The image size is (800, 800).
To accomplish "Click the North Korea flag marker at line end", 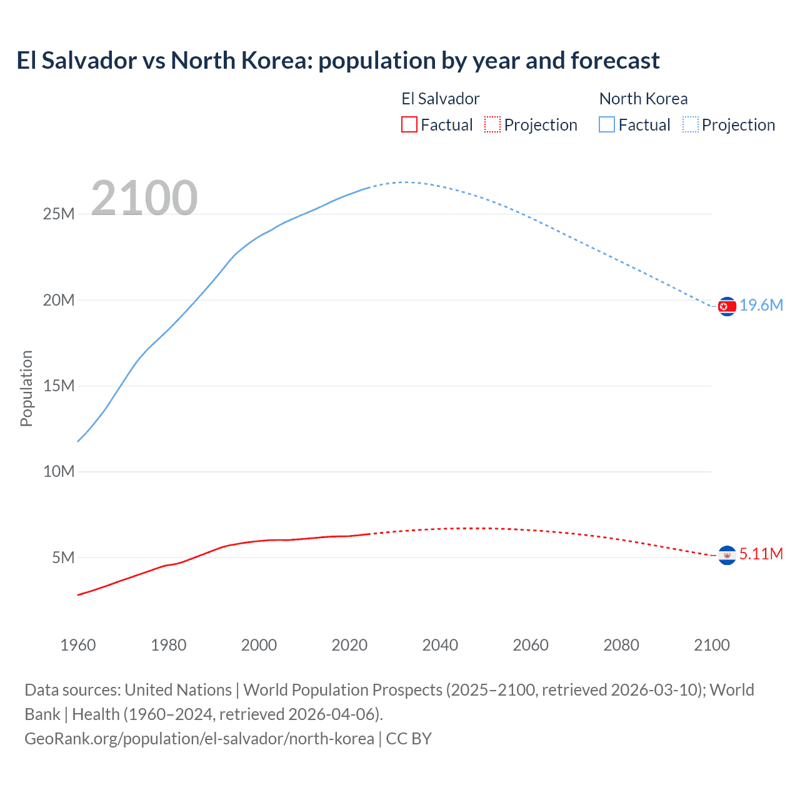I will (x=726, y=306).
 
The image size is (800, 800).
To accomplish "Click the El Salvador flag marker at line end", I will (x=726, y=555).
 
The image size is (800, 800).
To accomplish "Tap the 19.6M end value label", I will (x=761, y=305).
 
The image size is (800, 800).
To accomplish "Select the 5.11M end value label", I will (x=761, y=554).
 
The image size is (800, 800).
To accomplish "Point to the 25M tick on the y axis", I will (x=59, y=214).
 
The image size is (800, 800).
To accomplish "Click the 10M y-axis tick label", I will (x=59, y=471).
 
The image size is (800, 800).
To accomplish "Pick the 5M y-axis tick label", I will (x=63, y=557).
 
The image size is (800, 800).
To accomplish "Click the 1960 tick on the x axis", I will (x=78, y=645).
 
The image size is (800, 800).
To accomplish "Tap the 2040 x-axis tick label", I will (x=440, y=645).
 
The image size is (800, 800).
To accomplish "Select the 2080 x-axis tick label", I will (x=621, y=645).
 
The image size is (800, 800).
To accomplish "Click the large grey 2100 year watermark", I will (x=144, y=198).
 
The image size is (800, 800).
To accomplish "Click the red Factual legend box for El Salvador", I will (x=409, y=124).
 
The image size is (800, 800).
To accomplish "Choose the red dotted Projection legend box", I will (x=492, y=124).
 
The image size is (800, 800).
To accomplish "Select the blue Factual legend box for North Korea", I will (x=607, y=124).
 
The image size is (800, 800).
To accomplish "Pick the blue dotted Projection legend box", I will (x=691, y=124).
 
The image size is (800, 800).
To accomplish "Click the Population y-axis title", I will (x=26, y=388).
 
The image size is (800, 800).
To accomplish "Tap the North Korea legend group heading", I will (x=643, y=99).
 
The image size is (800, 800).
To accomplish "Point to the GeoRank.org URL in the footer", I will (x=199, y=739).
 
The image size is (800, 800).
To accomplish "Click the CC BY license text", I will (x=409, y=739).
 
